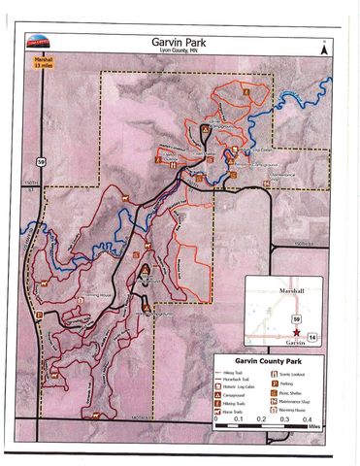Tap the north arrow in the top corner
pos(325,45)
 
